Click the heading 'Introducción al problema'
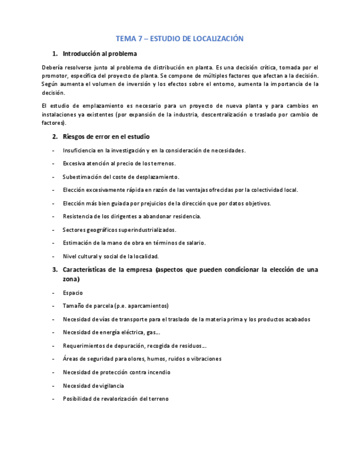click(x=99, y=54)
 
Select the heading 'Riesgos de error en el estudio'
click(x=106, y=136)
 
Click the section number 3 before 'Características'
click(x=54, y=270)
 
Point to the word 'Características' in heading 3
click(x=85, y=270)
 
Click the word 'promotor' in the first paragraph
click(x=54, y=75)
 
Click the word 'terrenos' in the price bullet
click(x=163, y=163)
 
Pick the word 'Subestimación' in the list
click(x=82, y=176)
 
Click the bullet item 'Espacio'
click(x=73, y=293)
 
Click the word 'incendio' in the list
click(x=158, y=372)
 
